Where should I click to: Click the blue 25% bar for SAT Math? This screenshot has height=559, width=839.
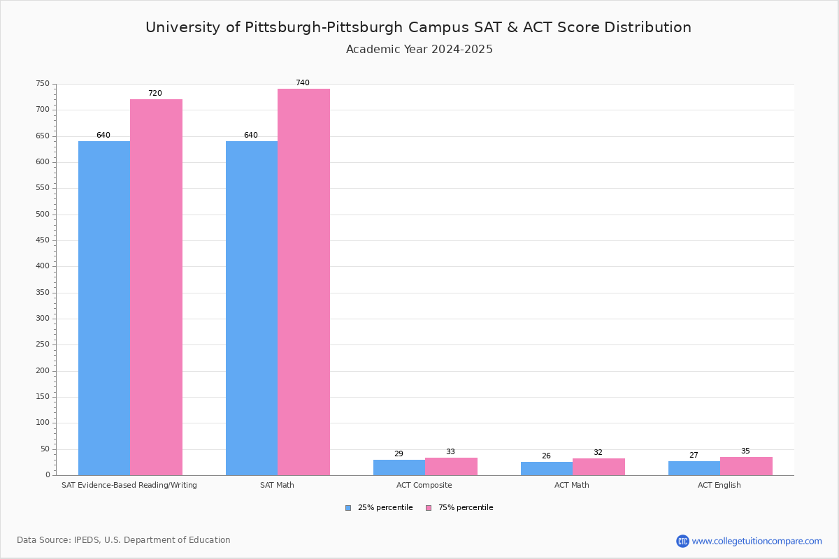point(252,307)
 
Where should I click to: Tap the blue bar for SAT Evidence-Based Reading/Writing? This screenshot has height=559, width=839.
point(104,307)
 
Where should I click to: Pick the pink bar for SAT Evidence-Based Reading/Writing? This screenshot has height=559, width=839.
point(156,286)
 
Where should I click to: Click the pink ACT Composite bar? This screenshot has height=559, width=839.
point(451,466)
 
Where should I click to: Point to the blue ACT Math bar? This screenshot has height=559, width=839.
point(547,468)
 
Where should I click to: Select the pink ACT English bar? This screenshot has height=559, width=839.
point(746,466)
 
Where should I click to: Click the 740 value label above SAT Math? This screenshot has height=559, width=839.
point(302,83)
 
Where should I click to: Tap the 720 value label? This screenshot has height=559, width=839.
point(155,94)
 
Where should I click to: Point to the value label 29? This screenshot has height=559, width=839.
point(399,454)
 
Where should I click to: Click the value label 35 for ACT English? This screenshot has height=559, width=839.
point(745,451)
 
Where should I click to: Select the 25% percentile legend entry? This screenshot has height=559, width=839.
point(379,508)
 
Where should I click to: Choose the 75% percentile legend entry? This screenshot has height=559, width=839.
point(459,508)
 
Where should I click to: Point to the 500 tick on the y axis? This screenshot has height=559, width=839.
point(43,215)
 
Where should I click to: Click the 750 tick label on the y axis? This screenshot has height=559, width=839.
point(43,84)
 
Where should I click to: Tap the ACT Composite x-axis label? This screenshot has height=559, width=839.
point(424,486)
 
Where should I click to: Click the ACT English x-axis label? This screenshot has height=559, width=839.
point(719,486)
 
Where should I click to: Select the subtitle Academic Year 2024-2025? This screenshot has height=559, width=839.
point(419,50)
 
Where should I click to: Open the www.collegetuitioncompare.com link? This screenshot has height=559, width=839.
point(756,541)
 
